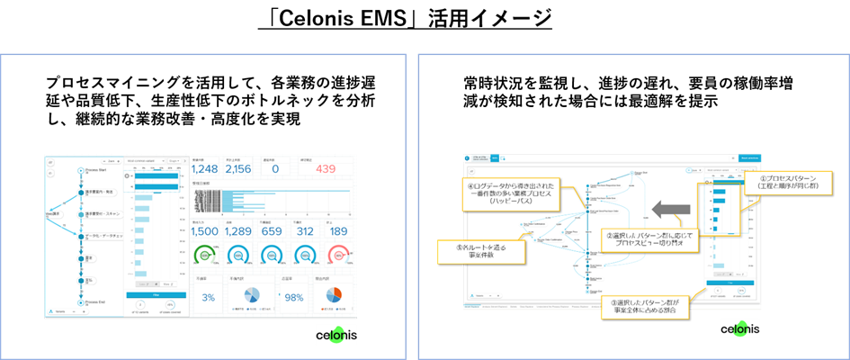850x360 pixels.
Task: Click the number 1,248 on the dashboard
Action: (x=205, y=168)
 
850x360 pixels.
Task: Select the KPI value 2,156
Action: (x=237, y=168)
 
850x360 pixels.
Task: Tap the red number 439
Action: (x=326, y=168)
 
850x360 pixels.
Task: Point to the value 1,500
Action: (x=206, y=230)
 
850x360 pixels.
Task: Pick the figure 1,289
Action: (x=239, y=230)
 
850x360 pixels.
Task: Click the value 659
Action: (x=272, y=230)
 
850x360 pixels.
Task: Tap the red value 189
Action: (x=339, y=230)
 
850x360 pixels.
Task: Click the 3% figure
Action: (x=208, y=297)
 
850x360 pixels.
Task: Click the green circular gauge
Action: (x=206, y=256)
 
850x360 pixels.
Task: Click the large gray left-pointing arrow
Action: (x=674, y=211)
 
